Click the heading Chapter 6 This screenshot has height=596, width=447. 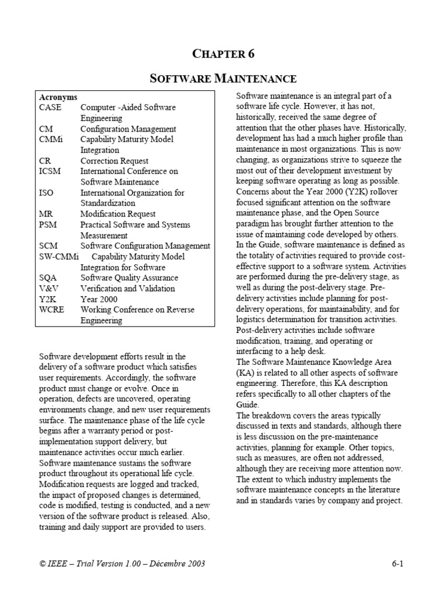(223, 54)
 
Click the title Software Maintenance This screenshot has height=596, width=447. (223, 78)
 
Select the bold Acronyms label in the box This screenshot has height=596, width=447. (58, 97)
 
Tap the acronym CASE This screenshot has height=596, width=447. (50, 108)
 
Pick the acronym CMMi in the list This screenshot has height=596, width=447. (51, 140)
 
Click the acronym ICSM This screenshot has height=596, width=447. (50, 172)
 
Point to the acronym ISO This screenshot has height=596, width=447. (47, 193)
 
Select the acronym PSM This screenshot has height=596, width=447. (48, 225)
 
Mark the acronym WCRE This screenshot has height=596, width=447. (51, 310)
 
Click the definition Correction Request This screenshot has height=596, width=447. (114, 161)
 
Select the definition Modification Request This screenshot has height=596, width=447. (118, 214)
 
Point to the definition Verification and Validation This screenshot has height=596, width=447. (127, 289)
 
